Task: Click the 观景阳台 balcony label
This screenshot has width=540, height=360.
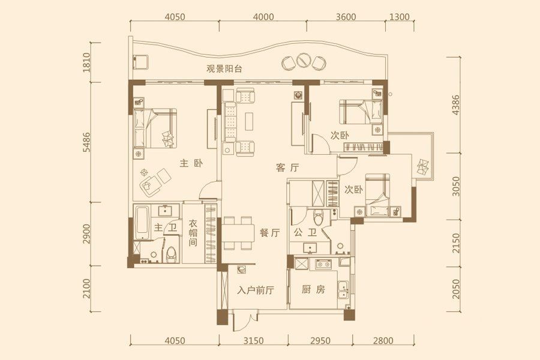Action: pyautogui.click(x=224, y=68)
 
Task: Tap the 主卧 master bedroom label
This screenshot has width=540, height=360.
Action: pyautogui.click(x=191, y=163)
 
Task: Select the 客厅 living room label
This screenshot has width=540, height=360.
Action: pyautogui.click(x=287, y=168)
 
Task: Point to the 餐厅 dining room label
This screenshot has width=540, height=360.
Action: pyautogui.click(x=269, y=233)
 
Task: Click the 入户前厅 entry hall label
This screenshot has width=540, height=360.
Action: pyautogui.click(x=256, y=290)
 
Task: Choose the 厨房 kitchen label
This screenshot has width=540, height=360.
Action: pyautogui.click(x=313, y=289)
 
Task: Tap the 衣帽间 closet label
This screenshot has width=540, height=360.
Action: pyautogui.click(x=193, y=233)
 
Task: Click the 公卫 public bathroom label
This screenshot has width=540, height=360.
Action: pyautogui.click(x=305, y=233)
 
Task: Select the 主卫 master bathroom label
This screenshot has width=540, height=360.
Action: pyautogui.click(x=166, y=227)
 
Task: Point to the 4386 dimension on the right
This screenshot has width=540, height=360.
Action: pyautogui.click(x=455, y=105)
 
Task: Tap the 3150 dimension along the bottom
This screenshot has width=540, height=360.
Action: pyautogui.click(x=253, y=341)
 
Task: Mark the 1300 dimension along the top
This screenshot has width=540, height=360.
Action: pyautogui.click(x=400, y=17)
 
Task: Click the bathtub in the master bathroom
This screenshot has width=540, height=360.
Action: pyautogui.click(x=142, y=222)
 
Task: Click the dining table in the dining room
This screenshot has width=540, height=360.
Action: pyautogui.click(x=238, y=233)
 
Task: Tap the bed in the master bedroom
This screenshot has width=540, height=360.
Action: pyautogui.click(x=155, y=128)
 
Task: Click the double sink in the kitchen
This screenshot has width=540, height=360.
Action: pyautogui.click(x=343, y=289)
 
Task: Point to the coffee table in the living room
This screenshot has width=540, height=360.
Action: pyautogui.click(x=250, y=121)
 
